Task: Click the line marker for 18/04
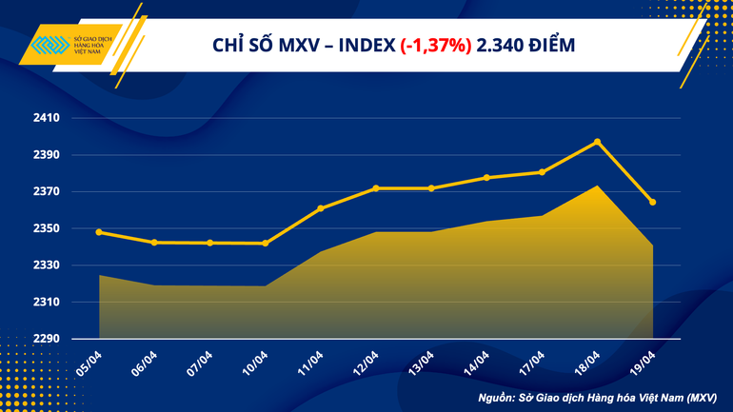click(597, 142)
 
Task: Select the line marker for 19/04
click(652, 202)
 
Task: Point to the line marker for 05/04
click(100, 232)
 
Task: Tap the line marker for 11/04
click(321, 208)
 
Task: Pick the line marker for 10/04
click(266, 244)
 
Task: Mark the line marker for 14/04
click(486, 178)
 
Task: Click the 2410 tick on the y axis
click(47, 118)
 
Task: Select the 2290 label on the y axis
click(47, 339)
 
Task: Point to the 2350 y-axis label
click(47, 228)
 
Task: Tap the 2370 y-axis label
click(47, 192)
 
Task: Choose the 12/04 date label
click(366, 363)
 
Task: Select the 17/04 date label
click(531, 363)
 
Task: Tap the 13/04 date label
click(421, 363)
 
